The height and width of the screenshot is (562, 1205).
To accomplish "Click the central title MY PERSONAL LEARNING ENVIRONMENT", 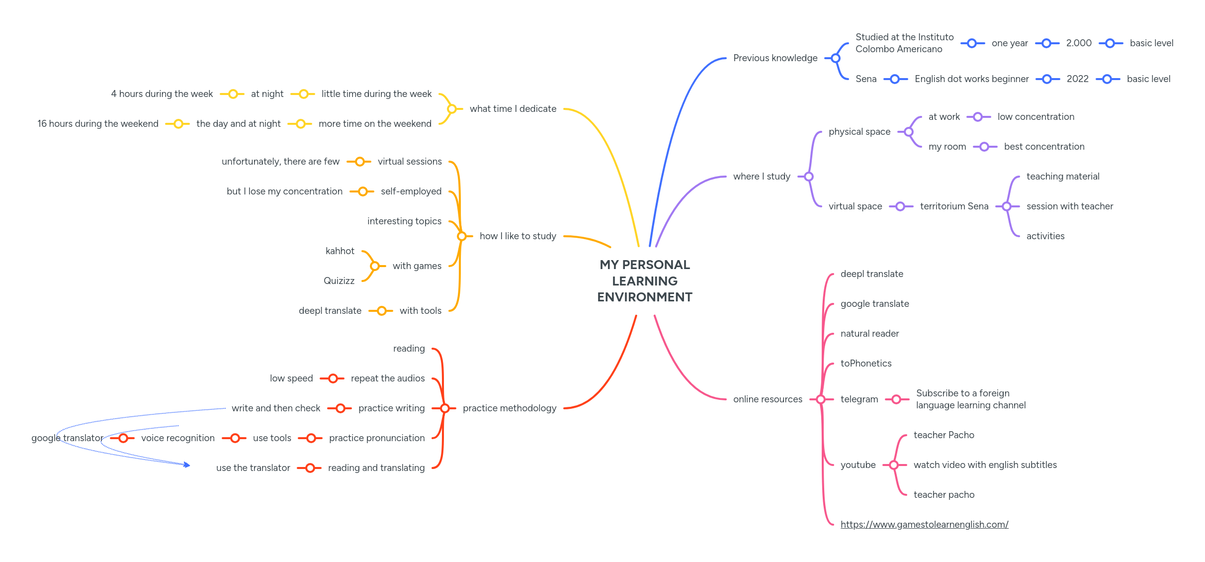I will pos(645,281).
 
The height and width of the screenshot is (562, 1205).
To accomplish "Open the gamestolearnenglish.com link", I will pos(924,524).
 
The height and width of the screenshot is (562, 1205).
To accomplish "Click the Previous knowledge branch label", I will pos(775,58).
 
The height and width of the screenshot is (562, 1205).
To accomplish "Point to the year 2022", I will pos(1077,79).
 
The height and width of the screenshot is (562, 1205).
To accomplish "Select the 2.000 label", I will pos(1079,43).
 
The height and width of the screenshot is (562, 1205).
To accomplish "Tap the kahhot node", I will pos(340,251).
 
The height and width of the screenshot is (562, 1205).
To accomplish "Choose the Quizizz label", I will pos(339,281).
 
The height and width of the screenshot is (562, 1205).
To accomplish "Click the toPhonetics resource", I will pos(866,364).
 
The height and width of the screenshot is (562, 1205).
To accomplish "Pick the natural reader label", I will pos(869,334).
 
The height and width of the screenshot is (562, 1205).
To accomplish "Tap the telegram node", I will pos(859,399).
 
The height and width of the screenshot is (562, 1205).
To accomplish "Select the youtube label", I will pos(858,465).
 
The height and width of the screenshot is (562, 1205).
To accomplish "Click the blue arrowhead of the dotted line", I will pos(187,465).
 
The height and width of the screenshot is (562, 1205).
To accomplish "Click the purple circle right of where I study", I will pos(809,177).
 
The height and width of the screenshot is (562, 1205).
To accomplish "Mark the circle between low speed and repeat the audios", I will pos(333,378).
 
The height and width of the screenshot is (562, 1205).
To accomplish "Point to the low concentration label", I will pos(1035,117).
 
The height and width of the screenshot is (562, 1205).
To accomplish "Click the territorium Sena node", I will pos(954,206).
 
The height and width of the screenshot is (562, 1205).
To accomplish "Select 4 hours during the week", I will pos(162,94).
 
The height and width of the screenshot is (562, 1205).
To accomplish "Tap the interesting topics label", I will pos(404,221).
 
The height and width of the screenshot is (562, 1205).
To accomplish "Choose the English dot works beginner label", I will pos(971,79).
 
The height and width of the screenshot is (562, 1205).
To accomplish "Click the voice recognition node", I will pos(178,438).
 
